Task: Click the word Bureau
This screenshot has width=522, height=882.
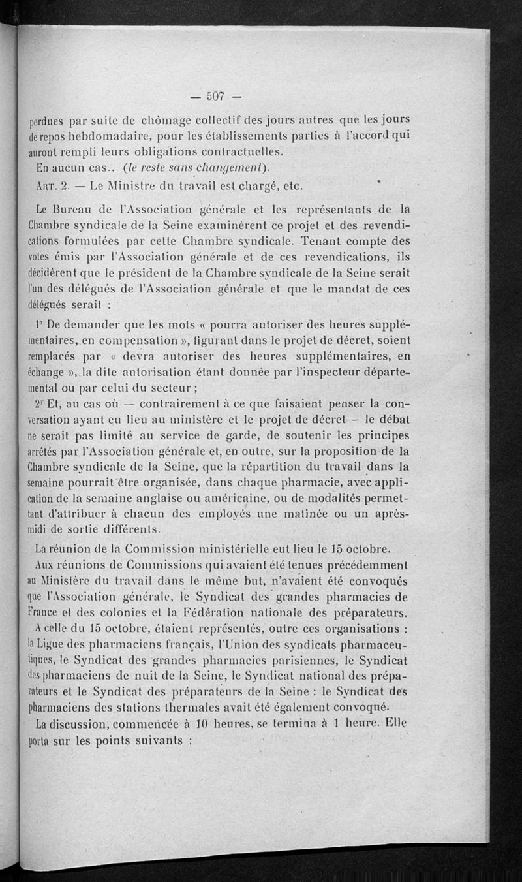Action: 76,210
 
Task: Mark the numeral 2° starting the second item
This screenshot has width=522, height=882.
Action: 40,403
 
